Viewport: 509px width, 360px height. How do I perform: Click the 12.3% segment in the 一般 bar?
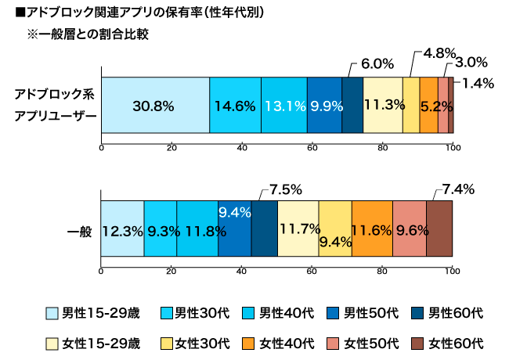(122, 230)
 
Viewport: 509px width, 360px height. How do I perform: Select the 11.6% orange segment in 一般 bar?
(372, 230)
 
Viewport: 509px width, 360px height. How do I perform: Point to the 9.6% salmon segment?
(409, 230)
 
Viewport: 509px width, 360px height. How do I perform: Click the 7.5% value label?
(285, 189)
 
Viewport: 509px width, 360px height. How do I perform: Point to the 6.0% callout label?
(376, 63)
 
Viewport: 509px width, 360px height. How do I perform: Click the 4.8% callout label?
(439, 53)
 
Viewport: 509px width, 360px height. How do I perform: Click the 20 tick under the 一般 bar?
(171, 271)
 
